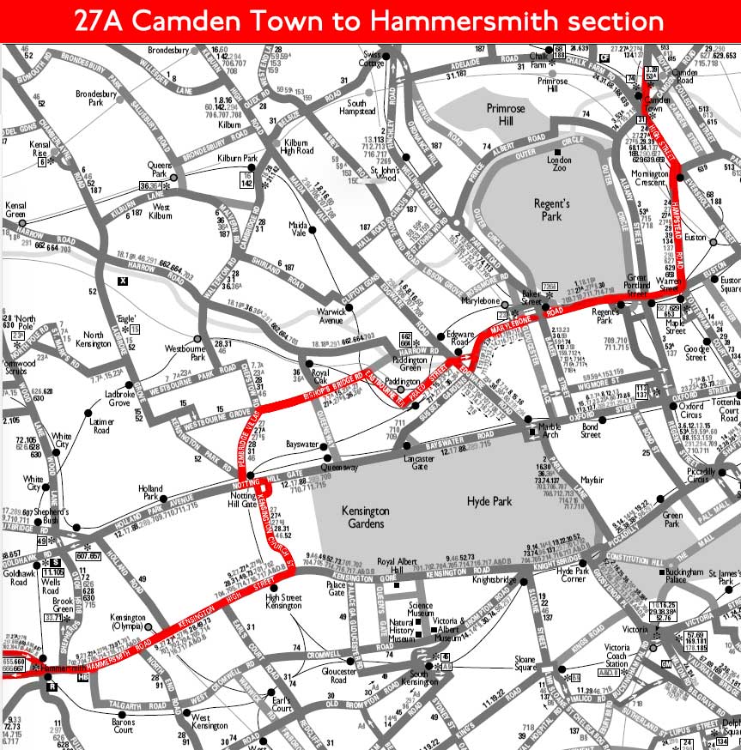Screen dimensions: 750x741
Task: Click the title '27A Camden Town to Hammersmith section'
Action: [x=369, y=21]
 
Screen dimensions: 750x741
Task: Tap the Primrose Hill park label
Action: [x=487, y=115]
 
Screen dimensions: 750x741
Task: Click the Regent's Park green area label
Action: [x=551, y=209]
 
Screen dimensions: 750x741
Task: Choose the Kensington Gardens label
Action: [x=365, y=517]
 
